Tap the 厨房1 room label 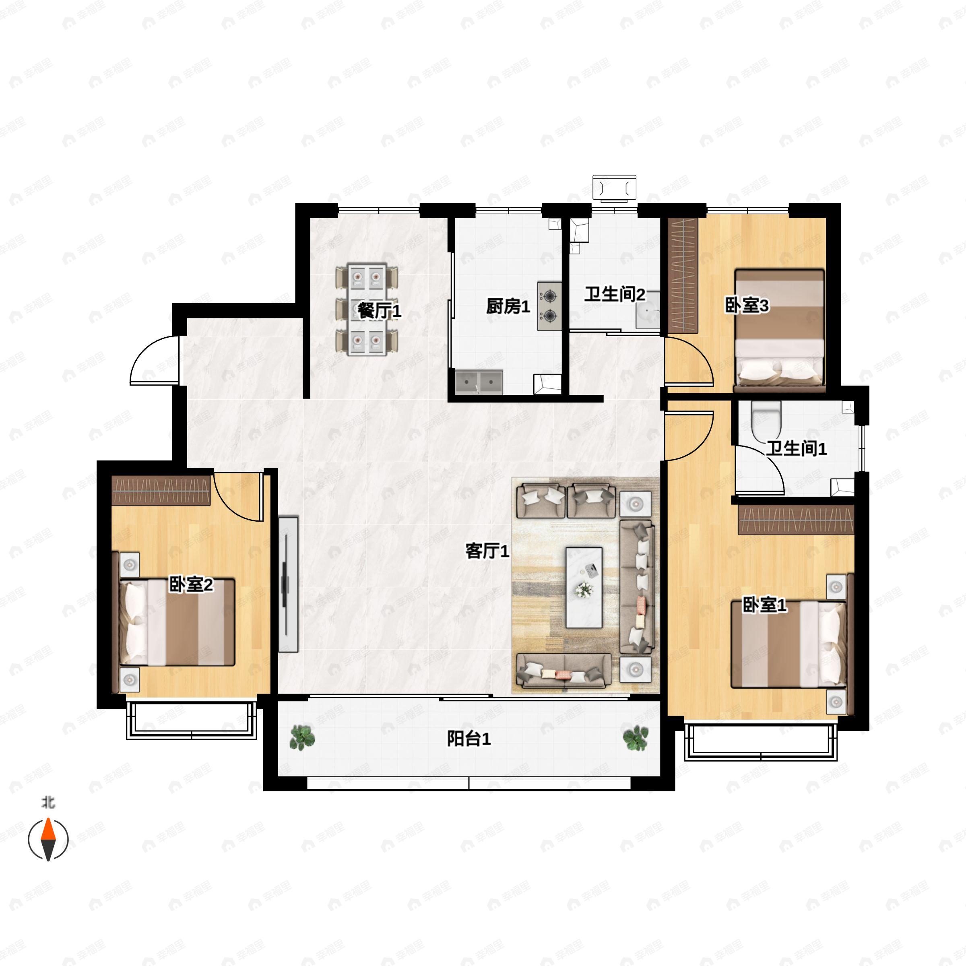click(508, 306)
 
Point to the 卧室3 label click(747, 305)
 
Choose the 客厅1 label click(487, 551)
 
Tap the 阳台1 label click(469, 739)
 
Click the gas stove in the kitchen click(549, 306)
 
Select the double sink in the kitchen click(479, 382)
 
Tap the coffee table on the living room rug click(584, 587)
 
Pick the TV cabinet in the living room click(288, 584)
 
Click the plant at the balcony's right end click(636, 737)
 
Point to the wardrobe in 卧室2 click(161, 491)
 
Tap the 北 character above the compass click(47, 803)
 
